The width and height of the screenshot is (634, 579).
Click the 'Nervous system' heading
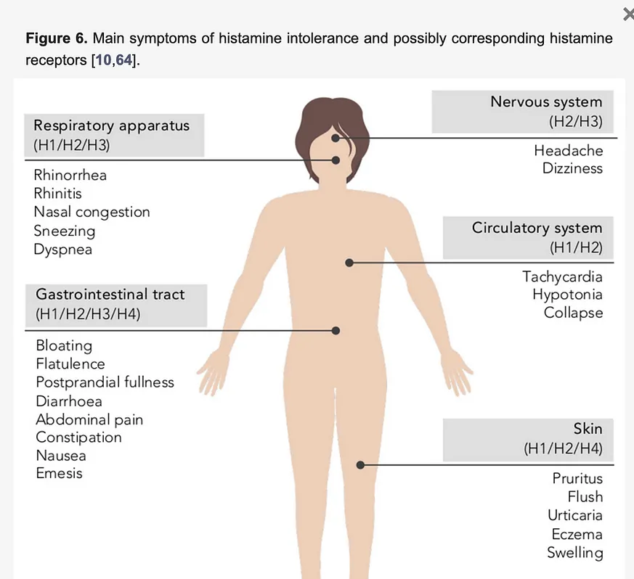pyautogui.click(x=546, y=102)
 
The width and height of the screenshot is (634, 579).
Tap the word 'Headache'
pyautogui.click(x=569, y=151)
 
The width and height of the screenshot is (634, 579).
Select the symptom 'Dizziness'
pyautogui.click(x=572, y=168)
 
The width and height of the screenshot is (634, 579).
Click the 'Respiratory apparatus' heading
pyautogui.click(x=112, y=126)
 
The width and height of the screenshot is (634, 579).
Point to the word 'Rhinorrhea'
pyautogui.click(x=70, y=176)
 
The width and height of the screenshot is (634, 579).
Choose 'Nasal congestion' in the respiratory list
pyautogui.click(x=92, y=212)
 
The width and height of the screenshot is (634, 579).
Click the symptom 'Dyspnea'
pyautogui.click(x=62, y=250)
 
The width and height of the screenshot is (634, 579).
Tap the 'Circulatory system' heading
pyautogui.click(x=537, y=228)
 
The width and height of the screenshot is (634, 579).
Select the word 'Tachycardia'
pyautogui.click(x=562, y=277)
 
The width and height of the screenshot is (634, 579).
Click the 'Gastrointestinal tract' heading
pyautogui.click(x=110, y=294)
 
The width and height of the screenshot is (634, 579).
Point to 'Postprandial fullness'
pyautogui.click(x=105, y=382)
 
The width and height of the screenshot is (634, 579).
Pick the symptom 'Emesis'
pyautogui.click(x=59, y=473)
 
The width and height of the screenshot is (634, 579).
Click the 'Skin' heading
pyautogui.click(x=588, y=429)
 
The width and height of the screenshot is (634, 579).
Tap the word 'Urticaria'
pyautogui.click(x=575, y=516)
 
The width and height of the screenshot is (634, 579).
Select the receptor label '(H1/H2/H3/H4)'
pyautogui.click(x=88, y=314)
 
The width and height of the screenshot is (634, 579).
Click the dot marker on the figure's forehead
pyautogui.click(x=336, y=138)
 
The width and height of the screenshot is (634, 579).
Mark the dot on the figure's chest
pyautogui.click(x=349, y=263)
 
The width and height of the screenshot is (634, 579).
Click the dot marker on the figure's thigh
pyautogui.click(x=360, y=465)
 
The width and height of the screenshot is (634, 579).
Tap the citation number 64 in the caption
pyautogui.click(x=124, y=60)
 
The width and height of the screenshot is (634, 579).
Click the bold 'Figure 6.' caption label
pyautogui.click(x=57, y=38)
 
